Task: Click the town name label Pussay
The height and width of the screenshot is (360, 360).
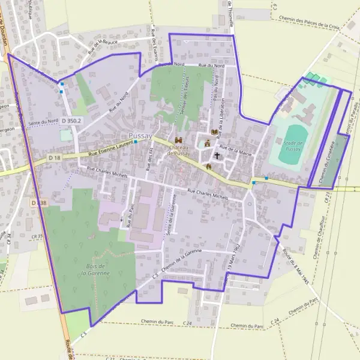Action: (140, 136)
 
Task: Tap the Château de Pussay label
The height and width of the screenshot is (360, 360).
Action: (179, 150)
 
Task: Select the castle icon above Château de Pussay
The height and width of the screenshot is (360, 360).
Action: (178, 139)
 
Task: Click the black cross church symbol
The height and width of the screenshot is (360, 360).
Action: (217, 155)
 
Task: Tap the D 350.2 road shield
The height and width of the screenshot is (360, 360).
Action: (71, 121)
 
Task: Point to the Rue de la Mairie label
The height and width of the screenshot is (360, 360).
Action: (235, 150)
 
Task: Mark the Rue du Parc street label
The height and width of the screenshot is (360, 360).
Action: (128, 217)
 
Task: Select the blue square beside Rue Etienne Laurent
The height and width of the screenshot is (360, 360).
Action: (136, 142)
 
